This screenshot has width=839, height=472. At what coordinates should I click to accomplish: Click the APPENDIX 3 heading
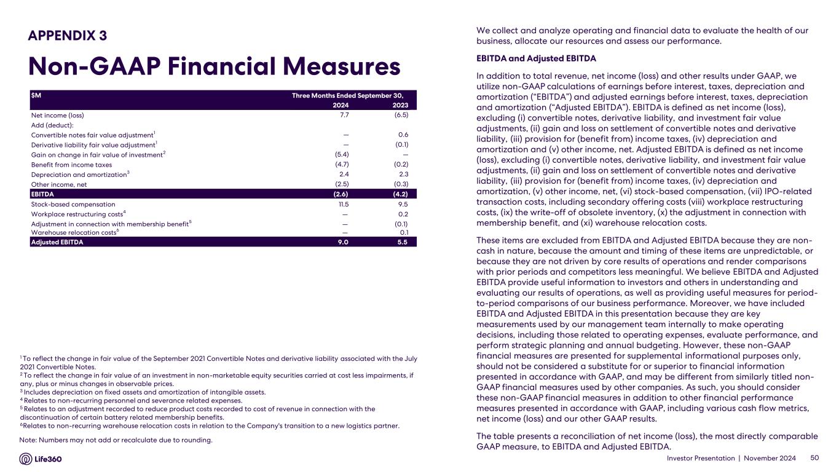coord(68,36)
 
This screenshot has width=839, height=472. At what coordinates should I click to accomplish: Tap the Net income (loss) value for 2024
coord(344,115)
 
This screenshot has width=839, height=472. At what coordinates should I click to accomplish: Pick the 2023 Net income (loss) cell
coord(401,115)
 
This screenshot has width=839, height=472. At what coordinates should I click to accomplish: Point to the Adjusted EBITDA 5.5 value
coord(403,242)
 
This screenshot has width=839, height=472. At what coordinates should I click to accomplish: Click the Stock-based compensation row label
coord(73,204)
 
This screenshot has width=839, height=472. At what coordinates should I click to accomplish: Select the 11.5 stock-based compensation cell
coord(344,204)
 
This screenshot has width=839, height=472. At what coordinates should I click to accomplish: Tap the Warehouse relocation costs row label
coord(74,232)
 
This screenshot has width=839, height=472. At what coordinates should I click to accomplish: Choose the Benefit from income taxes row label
coord(71,165)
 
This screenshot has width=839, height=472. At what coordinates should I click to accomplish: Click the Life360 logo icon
coord(26,459)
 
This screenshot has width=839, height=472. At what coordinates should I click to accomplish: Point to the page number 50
coord(815,458)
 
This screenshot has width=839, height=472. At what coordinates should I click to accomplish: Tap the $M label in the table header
coord(36,95)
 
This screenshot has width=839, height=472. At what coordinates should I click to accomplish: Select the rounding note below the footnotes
coord(116,440)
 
